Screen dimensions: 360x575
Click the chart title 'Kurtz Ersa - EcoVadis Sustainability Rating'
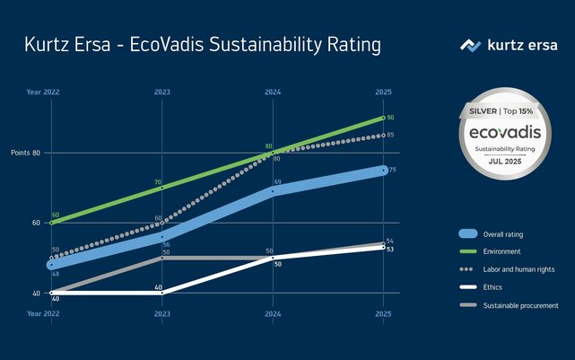[203, 45]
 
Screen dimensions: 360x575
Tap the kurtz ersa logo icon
[471, 45]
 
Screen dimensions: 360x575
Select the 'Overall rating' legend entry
[502, 234]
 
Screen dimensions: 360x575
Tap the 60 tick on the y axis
[37, 223]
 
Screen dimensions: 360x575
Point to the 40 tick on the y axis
[37, 293]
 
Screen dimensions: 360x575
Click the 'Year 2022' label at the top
[42, 92]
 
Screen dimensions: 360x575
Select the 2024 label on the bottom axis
[273, 314]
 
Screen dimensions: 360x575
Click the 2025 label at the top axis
[383, 92]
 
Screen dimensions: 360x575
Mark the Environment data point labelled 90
[384, 118]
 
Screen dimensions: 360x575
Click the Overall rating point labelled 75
[384, 170]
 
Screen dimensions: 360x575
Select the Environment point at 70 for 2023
[161, 188]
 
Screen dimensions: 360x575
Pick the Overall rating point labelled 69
[273, 190]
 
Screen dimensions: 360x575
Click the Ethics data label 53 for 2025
[389, 250]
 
